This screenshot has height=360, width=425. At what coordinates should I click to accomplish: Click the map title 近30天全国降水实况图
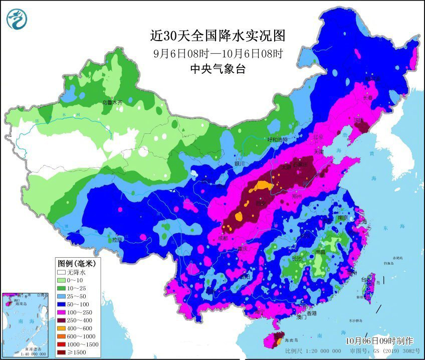click(x=218, y=36)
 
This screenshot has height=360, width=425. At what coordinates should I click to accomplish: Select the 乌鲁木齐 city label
click(x=112, y=102)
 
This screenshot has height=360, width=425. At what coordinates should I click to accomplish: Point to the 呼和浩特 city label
click(x=278, y=140)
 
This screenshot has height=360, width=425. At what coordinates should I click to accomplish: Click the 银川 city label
click(x=239, y=163)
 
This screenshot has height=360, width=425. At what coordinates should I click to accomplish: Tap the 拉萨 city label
click(x=118, y=240)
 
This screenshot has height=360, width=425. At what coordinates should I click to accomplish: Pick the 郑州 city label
click(x=298, y=196)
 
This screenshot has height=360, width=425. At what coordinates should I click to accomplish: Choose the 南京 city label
click(x=343, y=218)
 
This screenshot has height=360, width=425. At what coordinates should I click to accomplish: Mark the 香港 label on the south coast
click(x=312, y=313)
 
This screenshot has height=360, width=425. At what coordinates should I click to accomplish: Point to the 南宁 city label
click(x=260, y=311)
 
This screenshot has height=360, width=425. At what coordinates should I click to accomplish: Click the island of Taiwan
click(x=369, y=286)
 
